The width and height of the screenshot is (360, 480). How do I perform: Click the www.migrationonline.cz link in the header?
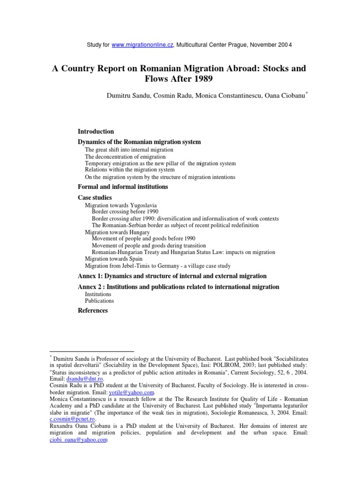click(143, 45)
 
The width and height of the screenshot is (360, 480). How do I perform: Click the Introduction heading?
click(95, 132)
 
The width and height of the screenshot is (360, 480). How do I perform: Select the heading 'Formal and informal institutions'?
click(122, 187)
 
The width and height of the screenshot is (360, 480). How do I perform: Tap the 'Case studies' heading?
click(94, 198)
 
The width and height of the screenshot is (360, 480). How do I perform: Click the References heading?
click(92, 310)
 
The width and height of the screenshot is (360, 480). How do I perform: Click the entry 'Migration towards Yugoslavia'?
click(121, 205)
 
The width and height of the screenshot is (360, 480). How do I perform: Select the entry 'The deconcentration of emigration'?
click(125, 157)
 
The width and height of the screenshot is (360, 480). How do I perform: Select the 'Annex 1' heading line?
click(172, 276)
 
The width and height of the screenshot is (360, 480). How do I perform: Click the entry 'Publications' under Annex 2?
click(99, 301)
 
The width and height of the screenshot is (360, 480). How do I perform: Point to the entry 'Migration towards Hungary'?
click(117, 232)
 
